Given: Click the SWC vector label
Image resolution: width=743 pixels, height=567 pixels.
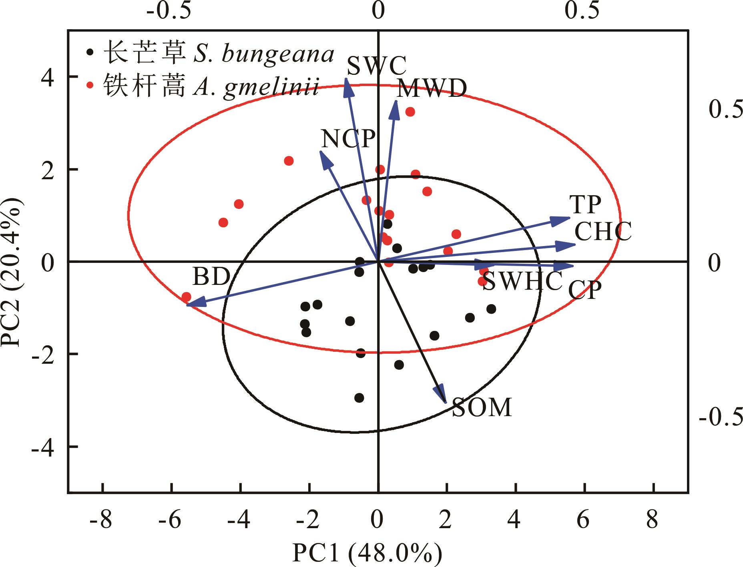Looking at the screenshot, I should [x=376, y=66].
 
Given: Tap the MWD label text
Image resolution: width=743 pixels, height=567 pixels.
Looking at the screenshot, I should [x=432, y=89].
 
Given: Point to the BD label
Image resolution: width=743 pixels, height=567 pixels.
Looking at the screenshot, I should [x=211, y=276].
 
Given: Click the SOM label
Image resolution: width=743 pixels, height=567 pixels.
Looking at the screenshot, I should [x=482, y=407].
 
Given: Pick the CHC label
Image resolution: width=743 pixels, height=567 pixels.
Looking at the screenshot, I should [x=603, y=231].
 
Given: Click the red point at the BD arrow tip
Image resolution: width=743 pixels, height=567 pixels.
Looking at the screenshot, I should [x=186, y=297].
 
